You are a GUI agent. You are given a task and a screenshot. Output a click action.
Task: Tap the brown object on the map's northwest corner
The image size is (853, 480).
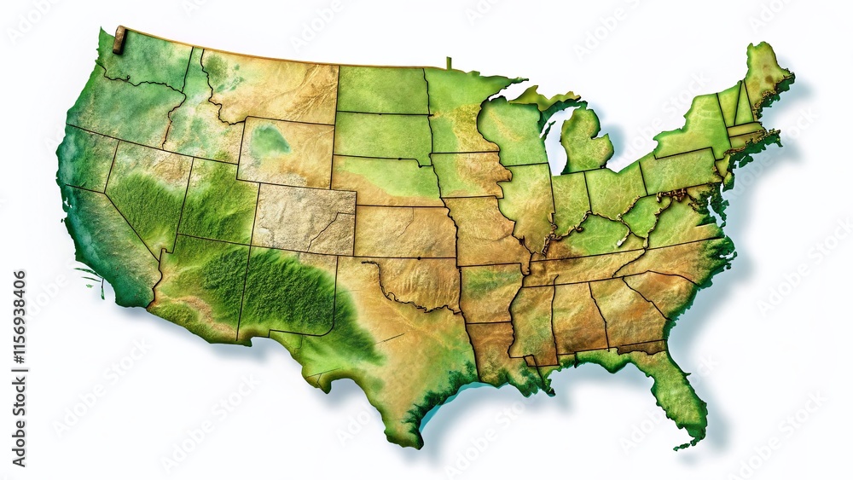[119, 34]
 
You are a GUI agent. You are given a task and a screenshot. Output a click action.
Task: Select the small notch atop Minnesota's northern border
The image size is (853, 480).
[449, 62]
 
